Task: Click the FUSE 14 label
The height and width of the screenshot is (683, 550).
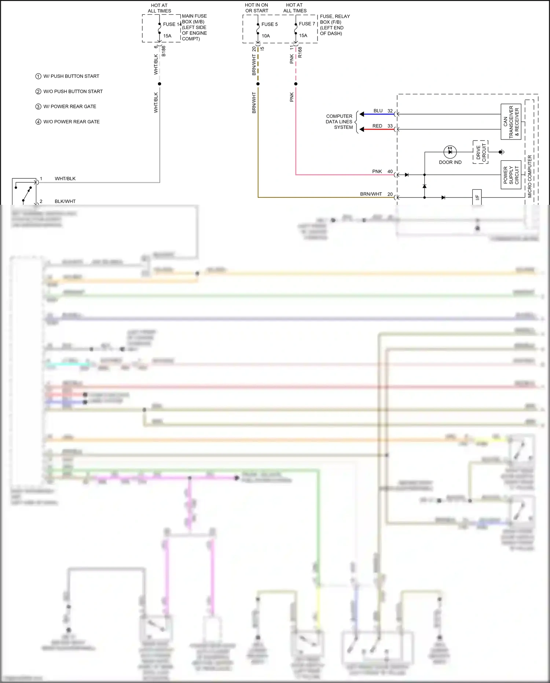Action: [172, 24]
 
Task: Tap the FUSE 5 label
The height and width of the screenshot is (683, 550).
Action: [269, 24]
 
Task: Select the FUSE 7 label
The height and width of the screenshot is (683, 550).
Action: [307, 24]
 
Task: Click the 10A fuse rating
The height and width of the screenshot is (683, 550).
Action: [266, 36]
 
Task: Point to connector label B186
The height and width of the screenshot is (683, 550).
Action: [164, 51]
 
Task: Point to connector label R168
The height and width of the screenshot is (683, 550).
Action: [300, 52]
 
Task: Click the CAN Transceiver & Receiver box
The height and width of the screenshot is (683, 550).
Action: [511, 122]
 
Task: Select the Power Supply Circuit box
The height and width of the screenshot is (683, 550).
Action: [511, 175]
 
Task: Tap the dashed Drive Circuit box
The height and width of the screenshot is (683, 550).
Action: [481, 152]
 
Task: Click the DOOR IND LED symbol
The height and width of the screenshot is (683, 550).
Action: [450, 152]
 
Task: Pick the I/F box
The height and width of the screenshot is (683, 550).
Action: [477, 197]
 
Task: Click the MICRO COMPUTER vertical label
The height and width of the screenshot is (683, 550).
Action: [529, 177]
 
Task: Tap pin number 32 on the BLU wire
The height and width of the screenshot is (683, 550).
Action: [390, 111]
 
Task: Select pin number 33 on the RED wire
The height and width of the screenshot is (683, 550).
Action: [390, 126]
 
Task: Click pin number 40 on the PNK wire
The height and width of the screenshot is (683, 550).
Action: [390, 171]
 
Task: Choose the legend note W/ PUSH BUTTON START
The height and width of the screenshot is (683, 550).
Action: [71, 76]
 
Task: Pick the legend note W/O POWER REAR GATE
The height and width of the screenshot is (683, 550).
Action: [71, 122]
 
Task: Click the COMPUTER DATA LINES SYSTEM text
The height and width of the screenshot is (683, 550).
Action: [339, 122]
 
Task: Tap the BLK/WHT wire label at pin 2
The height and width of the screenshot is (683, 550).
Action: [65, 201]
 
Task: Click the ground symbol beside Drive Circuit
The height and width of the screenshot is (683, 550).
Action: [502, 152]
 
